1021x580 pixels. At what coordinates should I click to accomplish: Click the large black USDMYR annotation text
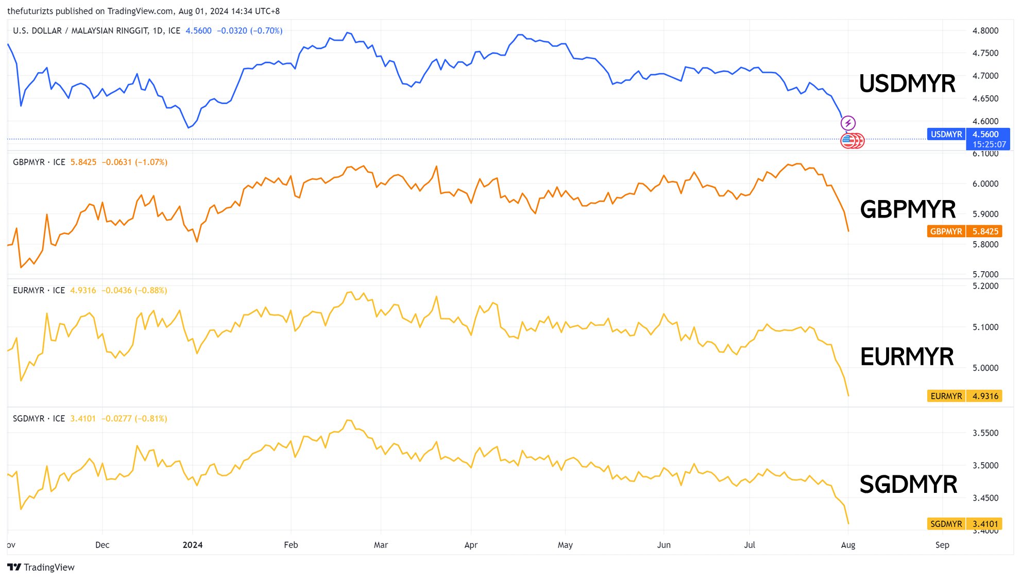pyautogui.click(x=907, y=84)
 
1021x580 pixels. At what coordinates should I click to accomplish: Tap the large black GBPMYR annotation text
pyautogui.click(x=908, y=209)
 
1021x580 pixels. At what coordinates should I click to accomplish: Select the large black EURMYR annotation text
pyautogui.click(x=907, y=357)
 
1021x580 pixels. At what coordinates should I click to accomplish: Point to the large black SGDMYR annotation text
pyautogui.click(x=908, y=485)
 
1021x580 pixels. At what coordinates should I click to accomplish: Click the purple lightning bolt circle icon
pyautogui.click(x=848, y=123)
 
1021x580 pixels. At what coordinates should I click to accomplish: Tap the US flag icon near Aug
pyautogui.click(x=848, y=140)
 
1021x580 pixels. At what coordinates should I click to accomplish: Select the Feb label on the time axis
pyautogui.click(x=291, y=545)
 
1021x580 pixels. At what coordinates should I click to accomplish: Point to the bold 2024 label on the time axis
pyautogui.click(x=193, y=545)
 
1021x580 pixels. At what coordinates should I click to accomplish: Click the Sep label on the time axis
pyautogui.click(x=942, y=545)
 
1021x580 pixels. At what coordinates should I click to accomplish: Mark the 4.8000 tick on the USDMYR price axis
pyautogui.click(x=985, y=31)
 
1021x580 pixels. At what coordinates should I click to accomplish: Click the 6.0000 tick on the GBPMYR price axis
pyautogui.click(x=985, y=184)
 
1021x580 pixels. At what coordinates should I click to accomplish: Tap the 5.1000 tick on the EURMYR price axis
pyautogui.click(x=985, y=327)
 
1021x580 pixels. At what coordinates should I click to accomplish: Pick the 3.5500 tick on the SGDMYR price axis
pyautogui.click(x=985, y=433)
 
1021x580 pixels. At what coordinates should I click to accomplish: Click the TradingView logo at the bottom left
pyautogui.click(x=41, y=567)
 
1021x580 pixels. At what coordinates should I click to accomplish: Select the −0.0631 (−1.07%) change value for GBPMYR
pyautogui.click(x=134, y=162)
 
